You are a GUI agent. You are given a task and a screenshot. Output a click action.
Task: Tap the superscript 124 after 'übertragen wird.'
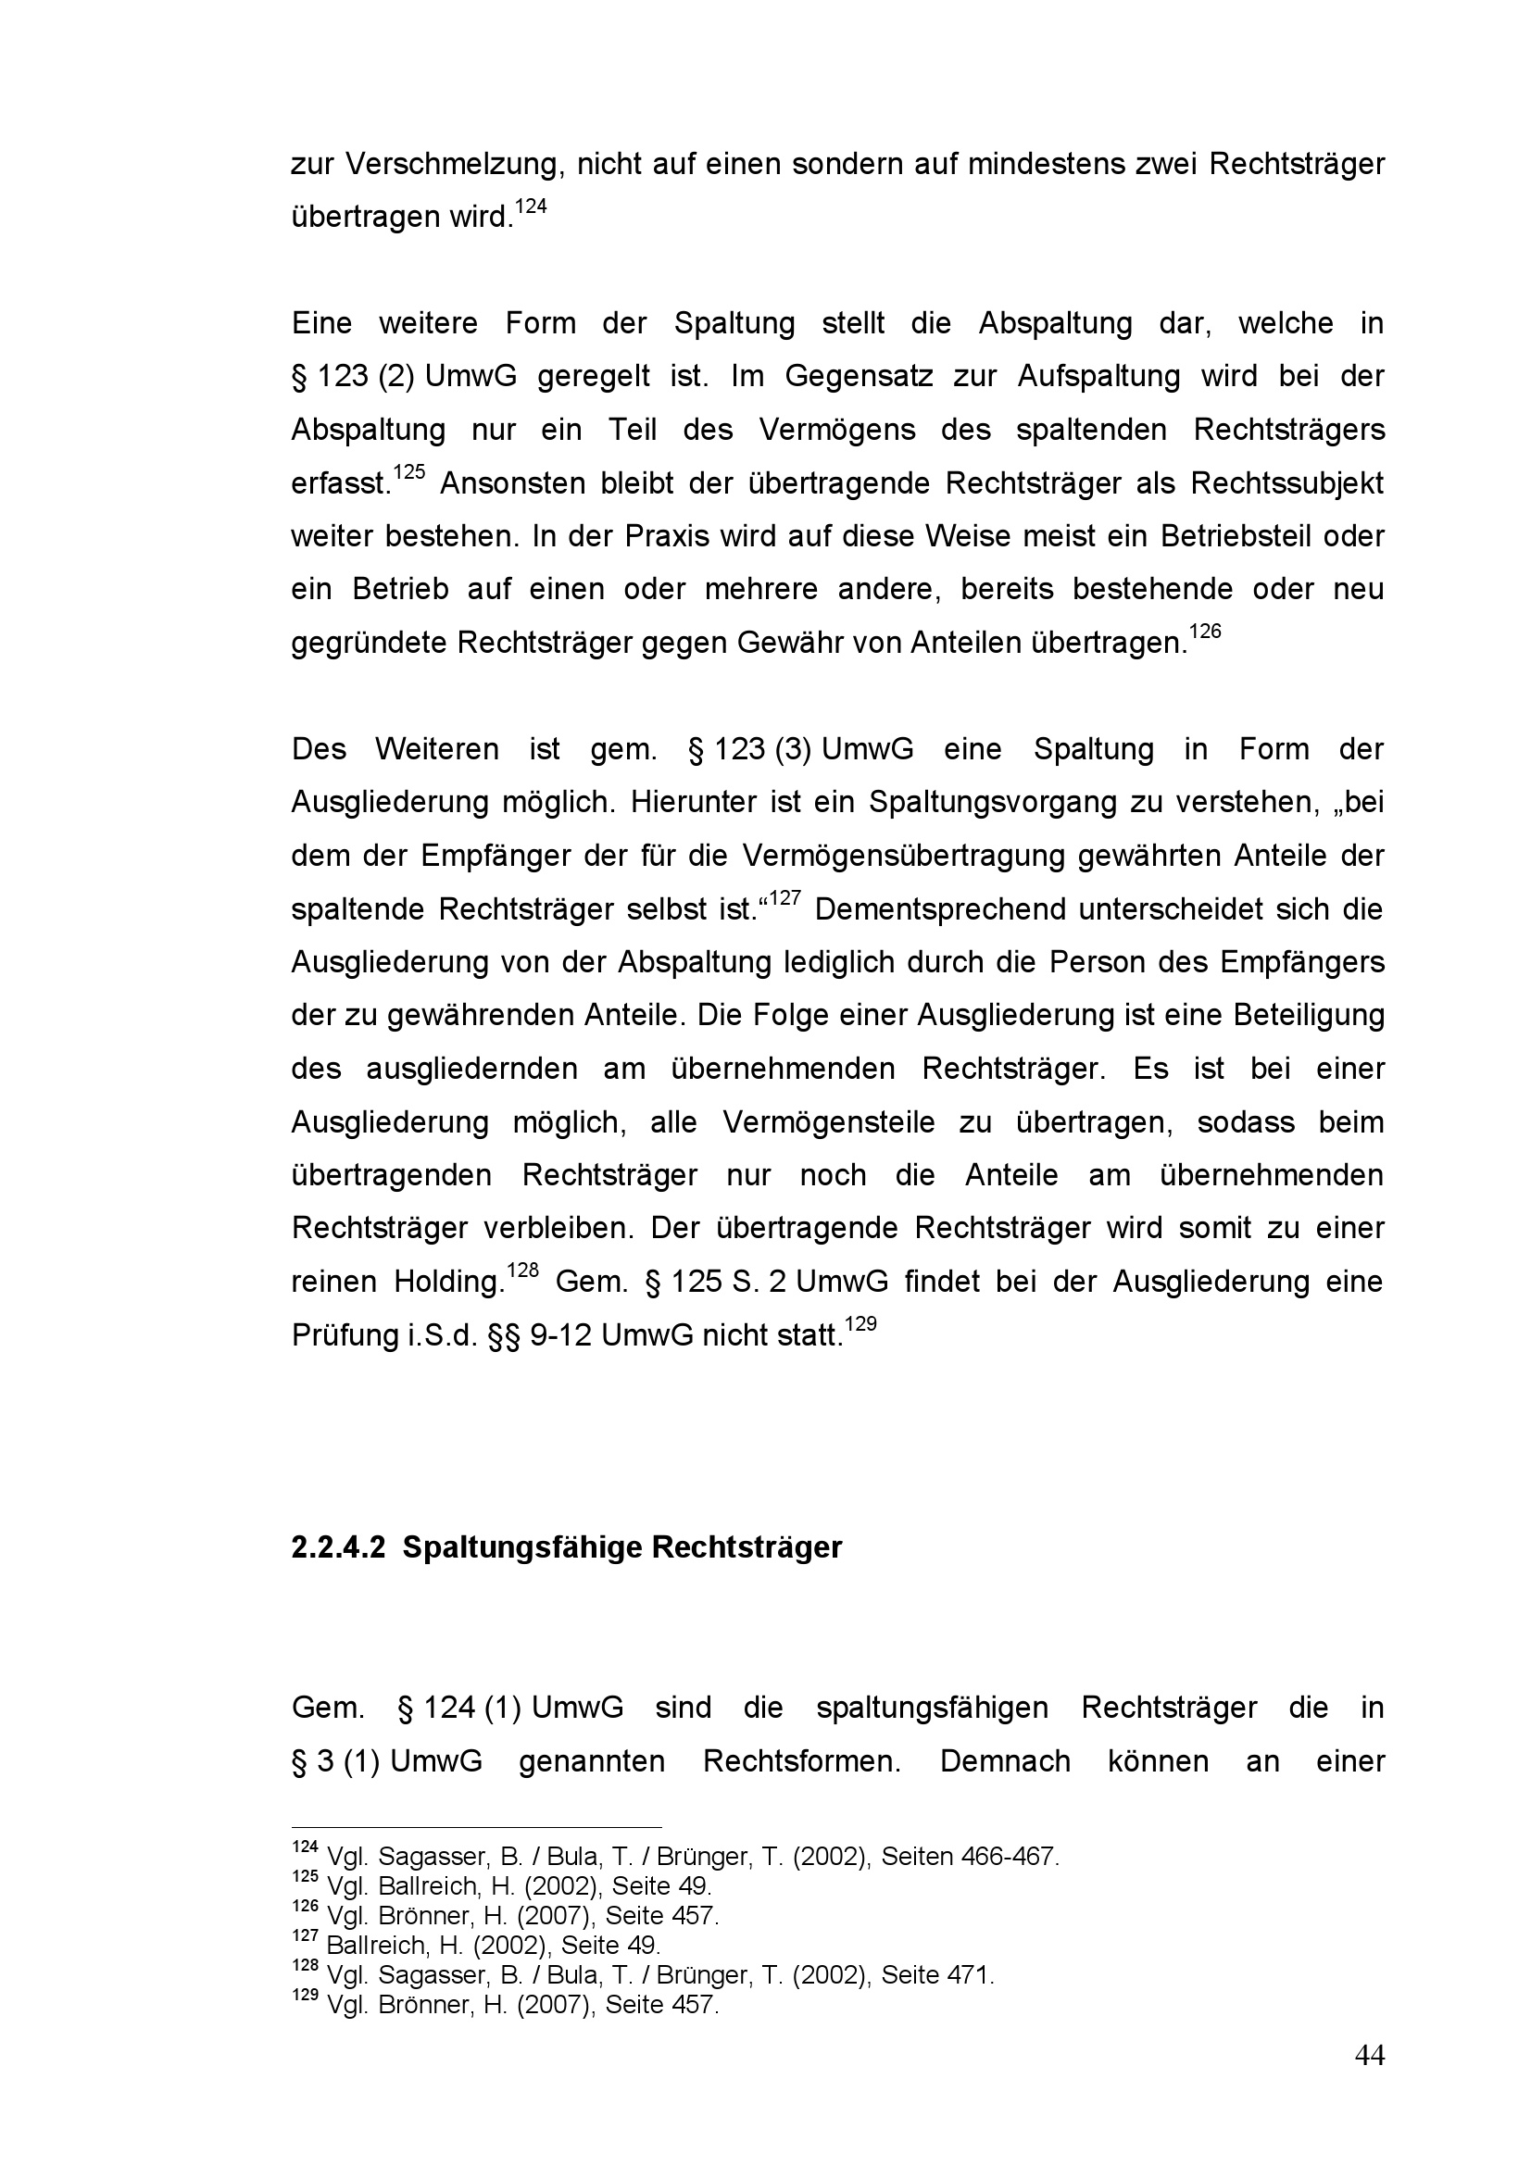(x=531, y=207)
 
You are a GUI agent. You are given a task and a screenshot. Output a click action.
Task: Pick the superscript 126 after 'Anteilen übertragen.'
(x=1206, y=632)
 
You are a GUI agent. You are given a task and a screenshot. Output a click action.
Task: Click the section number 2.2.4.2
(x=339, y=1548)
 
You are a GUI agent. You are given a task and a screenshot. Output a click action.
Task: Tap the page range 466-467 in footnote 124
(x=1010, y=1858)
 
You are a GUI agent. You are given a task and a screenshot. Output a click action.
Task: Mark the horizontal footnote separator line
(x=476, y=1826)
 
